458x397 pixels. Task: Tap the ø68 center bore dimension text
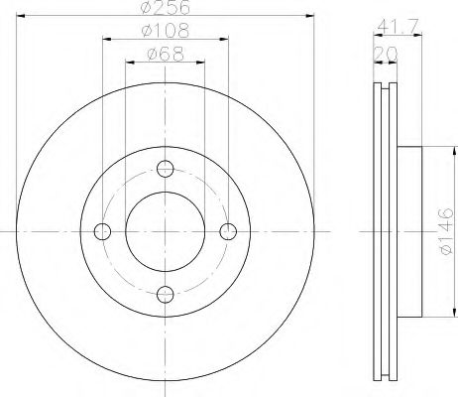[164, 56]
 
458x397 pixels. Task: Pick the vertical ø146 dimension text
[445, 230]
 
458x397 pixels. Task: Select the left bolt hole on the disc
[101, 231]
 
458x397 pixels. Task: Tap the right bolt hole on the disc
[228, 231]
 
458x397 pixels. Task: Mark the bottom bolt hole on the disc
[165, 295]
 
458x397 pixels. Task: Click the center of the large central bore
[165, 231]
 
